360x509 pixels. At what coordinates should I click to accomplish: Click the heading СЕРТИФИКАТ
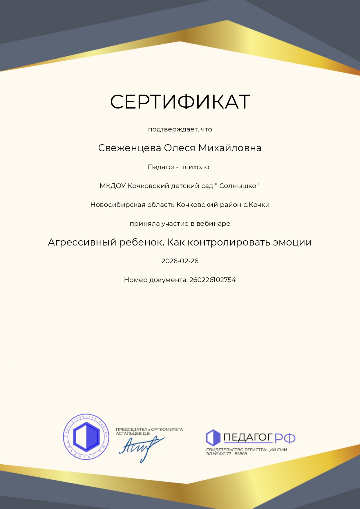click(180, 102)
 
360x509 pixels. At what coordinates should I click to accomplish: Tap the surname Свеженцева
click(130, 148)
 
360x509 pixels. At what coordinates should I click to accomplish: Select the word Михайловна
click(230, 148)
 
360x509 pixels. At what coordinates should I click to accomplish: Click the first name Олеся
click(180, 148)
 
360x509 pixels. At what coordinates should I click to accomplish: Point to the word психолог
click(196, 167)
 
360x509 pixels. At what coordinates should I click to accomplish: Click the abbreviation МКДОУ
click(113, 186)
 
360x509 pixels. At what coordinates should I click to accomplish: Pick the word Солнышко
click(238, 186)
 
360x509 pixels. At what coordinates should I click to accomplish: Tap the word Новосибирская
click(118, 205)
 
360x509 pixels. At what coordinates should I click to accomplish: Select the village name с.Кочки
click(256, 205)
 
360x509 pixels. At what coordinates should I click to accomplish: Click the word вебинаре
click(213, 224)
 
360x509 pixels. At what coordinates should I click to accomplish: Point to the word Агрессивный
click(82, 242)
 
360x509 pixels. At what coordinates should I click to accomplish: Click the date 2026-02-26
click(180, 261)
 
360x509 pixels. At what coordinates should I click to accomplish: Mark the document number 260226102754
click(213, 280)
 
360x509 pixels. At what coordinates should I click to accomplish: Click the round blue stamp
click(86, 436)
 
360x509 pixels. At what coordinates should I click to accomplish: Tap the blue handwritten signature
click(141, 447)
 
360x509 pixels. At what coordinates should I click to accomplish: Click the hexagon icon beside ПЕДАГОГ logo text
click(213, 437)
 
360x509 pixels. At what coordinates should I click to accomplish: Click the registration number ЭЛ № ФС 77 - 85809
click(227, 454)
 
